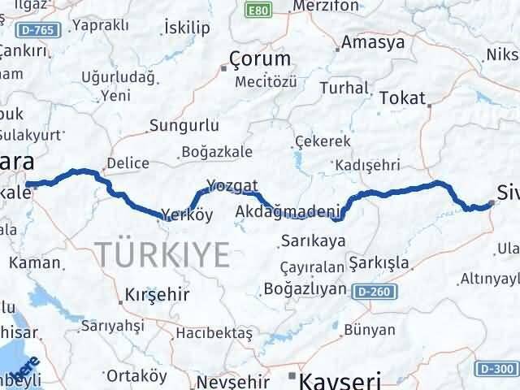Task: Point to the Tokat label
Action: (x=403, y=97)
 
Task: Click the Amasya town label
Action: (x=374, y=41)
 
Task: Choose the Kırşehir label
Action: (x=157, y=294)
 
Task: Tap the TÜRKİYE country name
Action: (x=165, y=253)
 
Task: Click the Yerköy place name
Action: (x=186, y=215)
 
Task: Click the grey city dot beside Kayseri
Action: (x=292, y=375)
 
